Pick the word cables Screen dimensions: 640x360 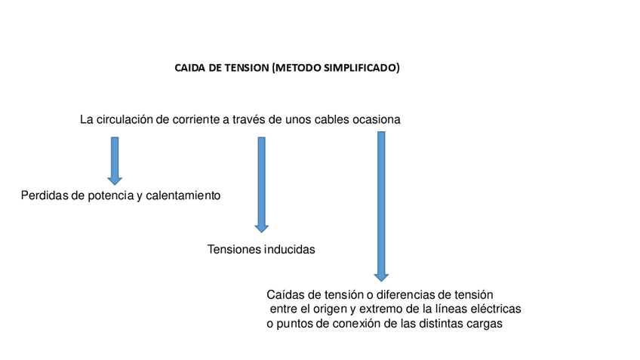point(329,120)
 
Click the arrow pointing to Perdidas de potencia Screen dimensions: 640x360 point(115,160)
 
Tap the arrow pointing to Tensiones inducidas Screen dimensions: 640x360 point(262,184)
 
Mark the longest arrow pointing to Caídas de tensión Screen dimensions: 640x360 point(381,206)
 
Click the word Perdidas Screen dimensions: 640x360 point(43,195)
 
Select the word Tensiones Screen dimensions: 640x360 point(234,249)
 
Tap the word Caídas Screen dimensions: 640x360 point(285,294)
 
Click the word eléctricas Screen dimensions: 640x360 point(497,309)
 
